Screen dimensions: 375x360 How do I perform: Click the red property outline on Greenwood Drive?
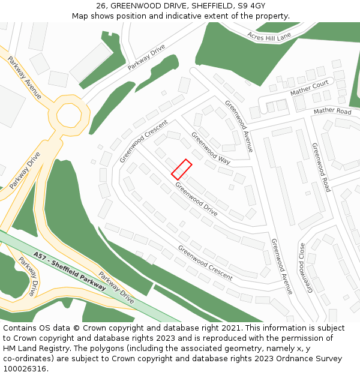tap(181, 169)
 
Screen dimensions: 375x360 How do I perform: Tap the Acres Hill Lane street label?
tap(268, 37)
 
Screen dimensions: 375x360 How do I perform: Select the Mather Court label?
tap(309, 88)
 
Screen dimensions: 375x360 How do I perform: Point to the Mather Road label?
tap(332, 112)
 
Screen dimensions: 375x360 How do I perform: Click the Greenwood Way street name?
tap(211, 148)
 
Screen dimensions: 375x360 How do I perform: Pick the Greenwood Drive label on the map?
tap(196, 199)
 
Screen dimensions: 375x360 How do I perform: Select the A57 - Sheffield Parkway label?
tap(70, 271)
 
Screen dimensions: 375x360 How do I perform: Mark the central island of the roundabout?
tap(68, 115)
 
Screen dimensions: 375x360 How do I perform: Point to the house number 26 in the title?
tap(101, 6)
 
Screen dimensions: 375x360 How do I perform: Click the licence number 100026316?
tap(25, 369)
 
